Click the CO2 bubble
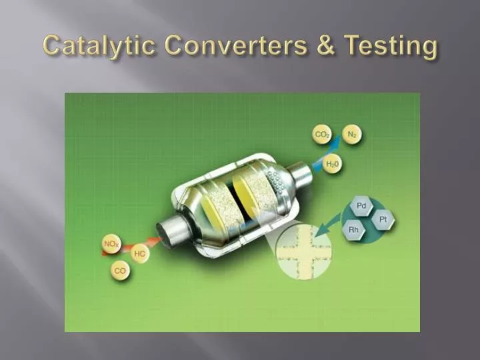click(x=323, y=135)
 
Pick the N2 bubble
click(x=352, y=134)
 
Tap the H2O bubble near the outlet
click(x=331, y=163)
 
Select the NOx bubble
click(x=111, y=244)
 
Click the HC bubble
click(x=140, y=254)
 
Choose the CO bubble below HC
click(x=120, y=271)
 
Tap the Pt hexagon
click(x=383, y=219)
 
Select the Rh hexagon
click(x=354, y=230)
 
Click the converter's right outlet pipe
click(x=301, y=175)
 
